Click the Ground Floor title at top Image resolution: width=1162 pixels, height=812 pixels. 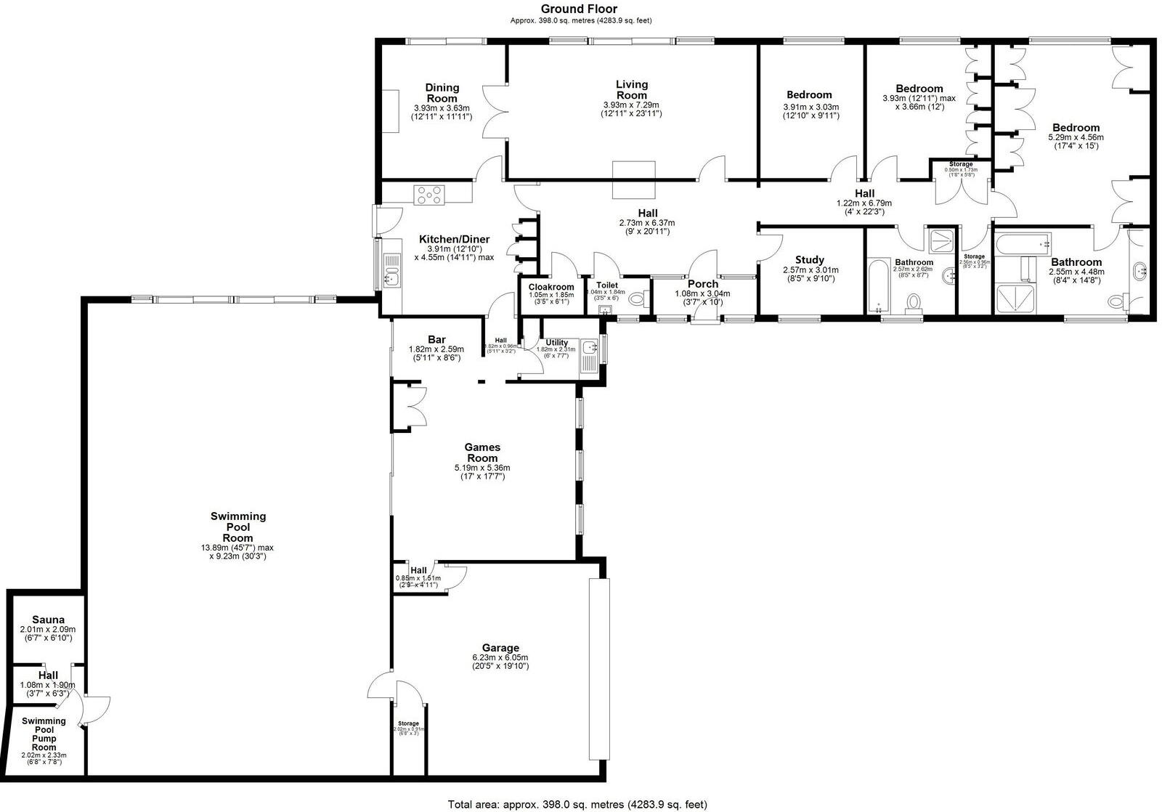[579, 9]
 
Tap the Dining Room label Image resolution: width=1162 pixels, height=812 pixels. [442, 93]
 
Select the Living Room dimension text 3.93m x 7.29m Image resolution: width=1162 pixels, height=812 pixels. [631, 105]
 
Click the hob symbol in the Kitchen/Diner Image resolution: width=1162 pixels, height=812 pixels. [429, 195]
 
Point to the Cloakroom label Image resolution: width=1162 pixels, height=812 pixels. [551, 287]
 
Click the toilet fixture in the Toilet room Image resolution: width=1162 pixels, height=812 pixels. [637, 299]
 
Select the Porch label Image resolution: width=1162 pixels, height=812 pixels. [702, 284]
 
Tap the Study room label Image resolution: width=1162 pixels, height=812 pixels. [809, 260]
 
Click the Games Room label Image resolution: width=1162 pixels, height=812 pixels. [482, 452]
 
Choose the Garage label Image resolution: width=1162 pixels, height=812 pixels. [500, 648]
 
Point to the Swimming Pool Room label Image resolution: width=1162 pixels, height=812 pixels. [238, 527]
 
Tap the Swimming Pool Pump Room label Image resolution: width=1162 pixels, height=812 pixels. [44, 734]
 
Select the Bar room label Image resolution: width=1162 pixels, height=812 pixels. [436, 340]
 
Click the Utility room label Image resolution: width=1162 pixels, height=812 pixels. [557, 342]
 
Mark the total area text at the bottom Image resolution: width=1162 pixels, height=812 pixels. [577, 804]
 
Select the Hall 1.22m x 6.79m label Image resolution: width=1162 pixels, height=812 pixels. [864, 194]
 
